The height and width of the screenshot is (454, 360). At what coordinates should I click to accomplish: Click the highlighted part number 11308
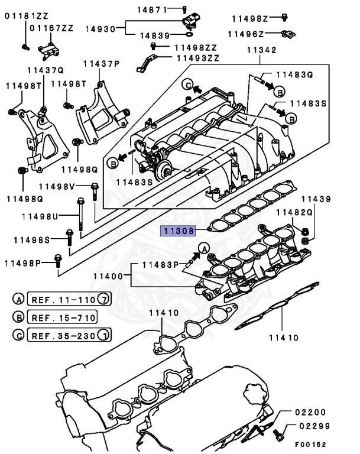coord(179,231)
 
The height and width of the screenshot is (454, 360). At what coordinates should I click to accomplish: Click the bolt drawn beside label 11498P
coord(57,261)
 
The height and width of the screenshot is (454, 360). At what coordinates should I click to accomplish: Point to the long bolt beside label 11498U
coord(80,217)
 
